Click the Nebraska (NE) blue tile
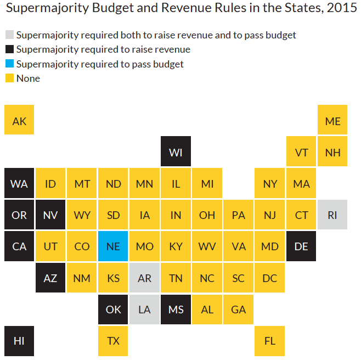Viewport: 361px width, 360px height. pyautogui.click(x=113, y=246)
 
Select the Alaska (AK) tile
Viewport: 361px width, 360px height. pyautogui.click(x=19, y=120)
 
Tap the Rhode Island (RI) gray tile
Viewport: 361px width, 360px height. pyautogui.click(x=332, y=215)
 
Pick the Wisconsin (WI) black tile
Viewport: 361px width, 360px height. pyautogui.click(x=176, y=151)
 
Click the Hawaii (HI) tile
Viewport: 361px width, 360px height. pyautogui.click(x=19, y=340)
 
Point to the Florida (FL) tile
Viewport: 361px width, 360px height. pyautogui.click(x=270, y=340)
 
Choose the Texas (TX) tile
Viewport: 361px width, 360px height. pyautogui.click(x=113, y=340)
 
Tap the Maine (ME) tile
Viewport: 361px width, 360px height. pyautogui.click(x=332, y=120)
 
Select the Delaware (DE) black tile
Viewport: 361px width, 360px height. pyautogui.click(x=301, y=246)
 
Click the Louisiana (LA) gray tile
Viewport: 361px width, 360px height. pyautogui.click(x=144, y=309)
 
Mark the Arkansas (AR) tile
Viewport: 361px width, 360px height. pyautogui.click(x=144, y=278)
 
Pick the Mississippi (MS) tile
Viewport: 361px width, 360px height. pyautogui.click(x=176, y=309)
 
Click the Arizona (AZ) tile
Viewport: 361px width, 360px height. pyautogui.click(x=50, y=278)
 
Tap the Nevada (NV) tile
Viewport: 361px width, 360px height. pyautogui.click(x=50, y=215)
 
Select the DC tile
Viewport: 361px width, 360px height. pyautogui.click(x=270, y=278)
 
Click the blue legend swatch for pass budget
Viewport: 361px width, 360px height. pyautogui.click(x=9, y=64)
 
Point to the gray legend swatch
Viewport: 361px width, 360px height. pyautogui.click(x=9, y=35)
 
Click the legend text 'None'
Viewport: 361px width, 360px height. pyautogui.click(x=28, y=78)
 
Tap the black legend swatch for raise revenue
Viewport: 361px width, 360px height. pyautogui.click(x=9, y=49)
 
